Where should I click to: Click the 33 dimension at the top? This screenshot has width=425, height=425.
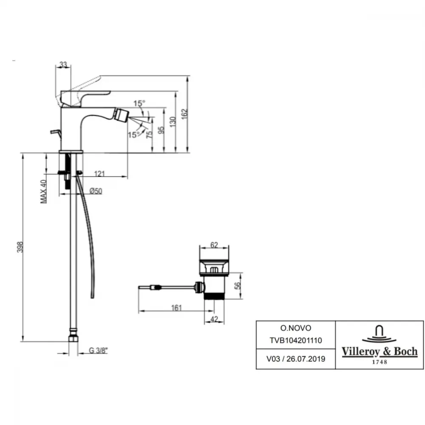[x=63, y=65]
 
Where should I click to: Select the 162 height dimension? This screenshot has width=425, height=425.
[x=184, y=114]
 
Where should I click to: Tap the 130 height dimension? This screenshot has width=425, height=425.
[x=173, y=122]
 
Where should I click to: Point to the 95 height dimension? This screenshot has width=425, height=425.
[x=161, y=130]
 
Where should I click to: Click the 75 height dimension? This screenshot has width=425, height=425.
[x=149, y=135]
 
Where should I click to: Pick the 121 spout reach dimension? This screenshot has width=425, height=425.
[x=99, y=173]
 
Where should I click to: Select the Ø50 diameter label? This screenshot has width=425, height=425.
[x=96, y=191]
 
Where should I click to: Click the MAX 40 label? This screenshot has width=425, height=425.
[x=43, y=192]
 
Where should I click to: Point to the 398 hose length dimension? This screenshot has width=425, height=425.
[x=20, y=247]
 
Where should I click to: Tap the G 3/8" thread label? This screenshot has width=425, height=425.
[x=98, y=351]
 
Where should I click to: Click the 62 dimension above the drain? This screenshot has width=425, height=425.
[x=214, y=245]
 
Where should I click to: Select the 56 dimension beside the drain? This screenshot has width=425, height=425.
[x=238, y=286]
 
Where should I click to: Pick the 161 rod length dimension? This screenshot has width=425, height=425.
[x=176, y=308]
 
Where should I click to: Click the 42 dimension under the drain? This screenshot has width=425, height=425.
[x=214, y=319]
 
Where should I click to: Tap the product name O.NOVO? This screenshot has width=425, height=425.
[x=296, y=328]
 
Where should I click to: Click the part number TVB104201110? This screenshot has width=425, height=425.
[x=296, y=340]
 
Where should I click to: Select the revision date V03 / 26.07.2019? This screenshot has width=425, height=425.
[x=296, y=359]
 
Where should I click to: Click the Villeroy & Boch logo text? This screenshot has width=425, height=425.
[x=380, y=351]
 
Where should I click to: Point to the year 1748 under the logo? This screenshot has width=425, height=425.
[x=380, y=362]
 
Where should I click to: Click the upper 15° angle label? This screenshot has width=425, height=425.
[x=139, y=103]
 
